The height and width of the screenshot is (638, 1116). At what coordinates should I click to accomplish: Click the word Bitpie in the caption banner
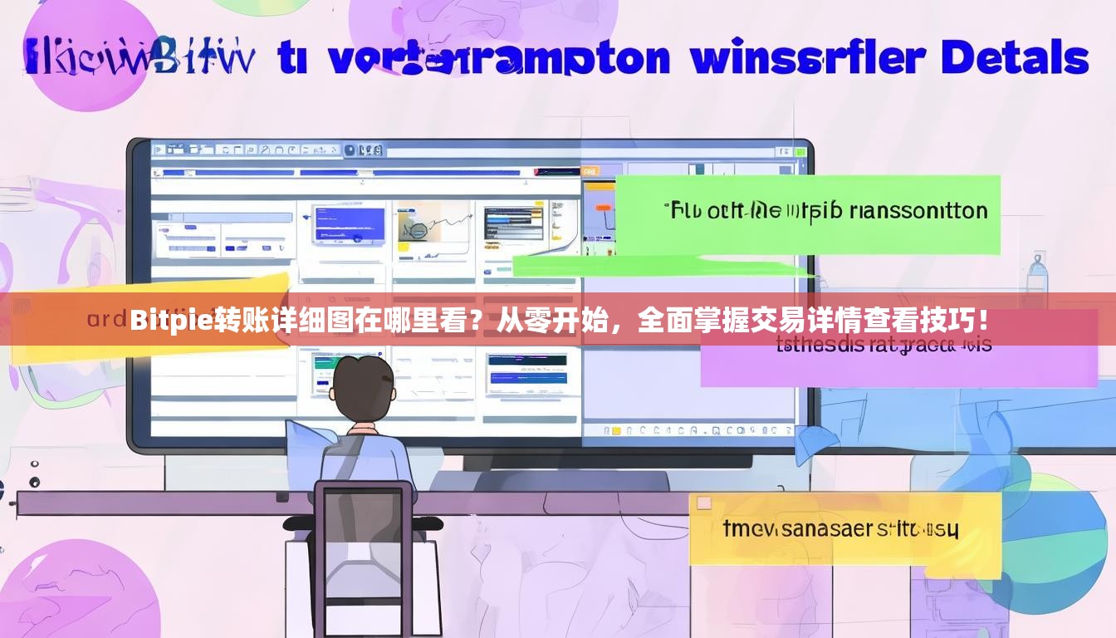(172, 320)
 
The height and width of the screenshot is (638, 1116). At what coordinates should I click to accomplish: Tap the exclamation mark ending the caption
(983, 320)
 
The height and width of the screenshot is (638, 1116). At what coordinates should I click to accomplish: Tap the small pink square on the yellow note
(704, 503)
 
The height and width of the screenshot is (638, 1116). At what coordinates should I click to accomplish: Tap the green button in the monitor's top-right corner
(800, 152)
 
